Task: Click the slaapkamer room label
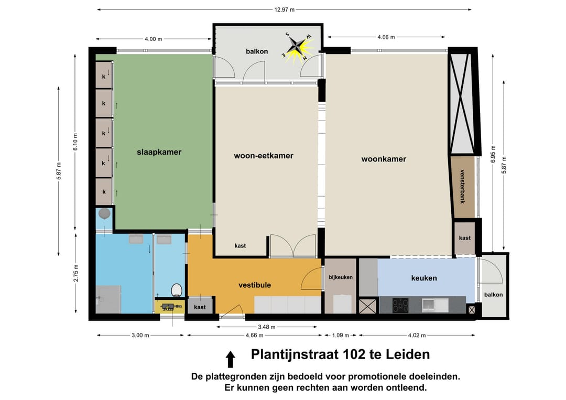pyautogui.click(x=159, y=152)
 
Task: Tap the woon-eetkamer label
pyautogui.click(x=263, y=156)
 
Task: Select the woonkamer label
pyautogui.click(x=384, y=159)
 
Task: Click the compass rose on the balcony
pyautogui.click(x=297, y=46)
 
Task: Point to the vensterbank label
pyautogui.click(x=462, y=187)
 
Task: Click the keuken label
pyautogui.click(x=424, y=278)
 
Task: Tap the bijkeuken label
pyautogui.click(x=341, y=277)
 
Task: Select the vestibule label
pyautogui.click(x=255, y=285)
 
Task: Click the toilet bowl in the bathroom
pyautogui.click(x=177, y=290)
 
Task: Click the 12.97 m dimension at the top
pyautogui.click(x=284, y=9)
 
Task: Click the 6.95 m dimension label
pyautogui.click(x=493, y=153)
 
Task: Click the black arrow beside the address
pyautogui.click(x=230, y=359)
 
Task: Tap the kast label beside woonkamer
pyautogui.click(x=465, y=238)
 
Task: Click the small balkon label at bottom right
pyautogui.click(x=493, y=295)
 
